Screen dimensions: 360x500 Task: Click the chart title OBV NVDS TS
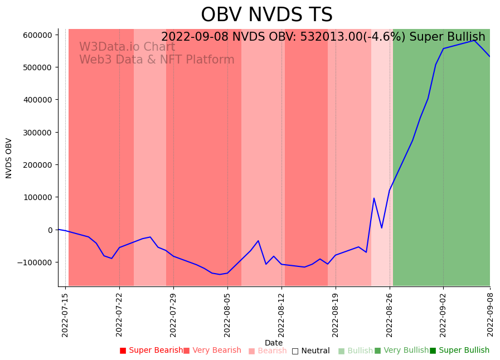coord(266,15)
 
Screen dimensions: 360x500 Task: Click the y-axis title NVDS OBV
coord(9,158)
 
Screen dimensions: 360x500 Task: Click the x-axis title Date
coord(274,343)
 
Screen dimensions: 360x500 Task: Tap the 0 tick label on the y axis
coord(50,230)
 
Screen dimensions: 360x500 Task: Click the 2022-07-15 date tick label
coord(65,315)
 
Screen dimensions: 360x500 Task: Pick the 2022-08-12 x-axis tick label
coord(281,315)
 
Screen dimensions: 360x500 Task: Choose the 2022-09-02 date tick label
coord(443,315)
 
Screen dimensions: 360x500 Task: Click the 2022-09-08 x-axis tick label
coord(490,315)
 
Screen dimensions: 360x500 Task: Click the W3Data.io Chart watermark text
coord(127,47)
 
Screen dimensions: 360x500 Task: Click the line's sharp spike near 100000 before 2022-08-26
coord(374,198)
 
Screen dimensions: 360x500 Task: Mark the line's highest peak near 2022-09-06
coord(474,40)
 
